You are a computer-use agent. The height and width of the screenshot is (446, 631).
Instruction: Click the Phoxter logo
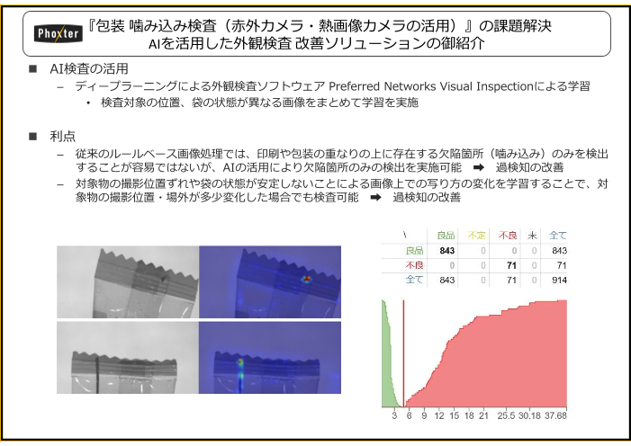coord(57,34)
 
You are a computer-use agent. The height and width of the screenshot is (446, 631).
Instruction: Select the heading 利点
coord(63,136)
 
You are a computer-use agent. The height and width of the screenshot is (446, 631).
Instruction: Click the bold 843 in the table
coord(446,251)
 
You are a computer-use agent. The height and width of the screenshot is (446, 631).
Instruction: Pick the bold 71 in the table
coord(511,265)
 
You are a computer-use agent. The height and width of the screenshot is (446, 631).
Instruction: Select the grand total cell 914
coord(557,281)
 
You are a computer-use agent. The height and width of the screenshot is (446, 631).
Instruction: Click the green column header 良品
coord(445,236)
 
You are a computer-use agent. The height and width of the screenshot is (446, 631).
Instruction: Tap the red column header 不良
coord(509,236)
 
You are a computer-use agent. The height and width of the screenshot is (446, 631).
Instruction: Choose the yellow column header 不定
coord(477,236)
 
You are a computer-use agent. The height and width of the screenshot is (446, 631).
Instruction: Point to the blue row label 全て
coord(414,281)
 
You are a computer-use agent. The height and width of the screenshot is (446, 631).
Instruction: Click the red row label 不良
coord(414,265)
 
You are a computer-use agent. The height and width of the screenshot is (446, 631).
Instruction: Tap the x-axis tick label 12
coord(438,415)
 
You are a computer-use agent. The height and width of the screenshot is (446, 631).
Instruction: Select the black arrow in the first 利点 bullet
coord(478,168)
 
